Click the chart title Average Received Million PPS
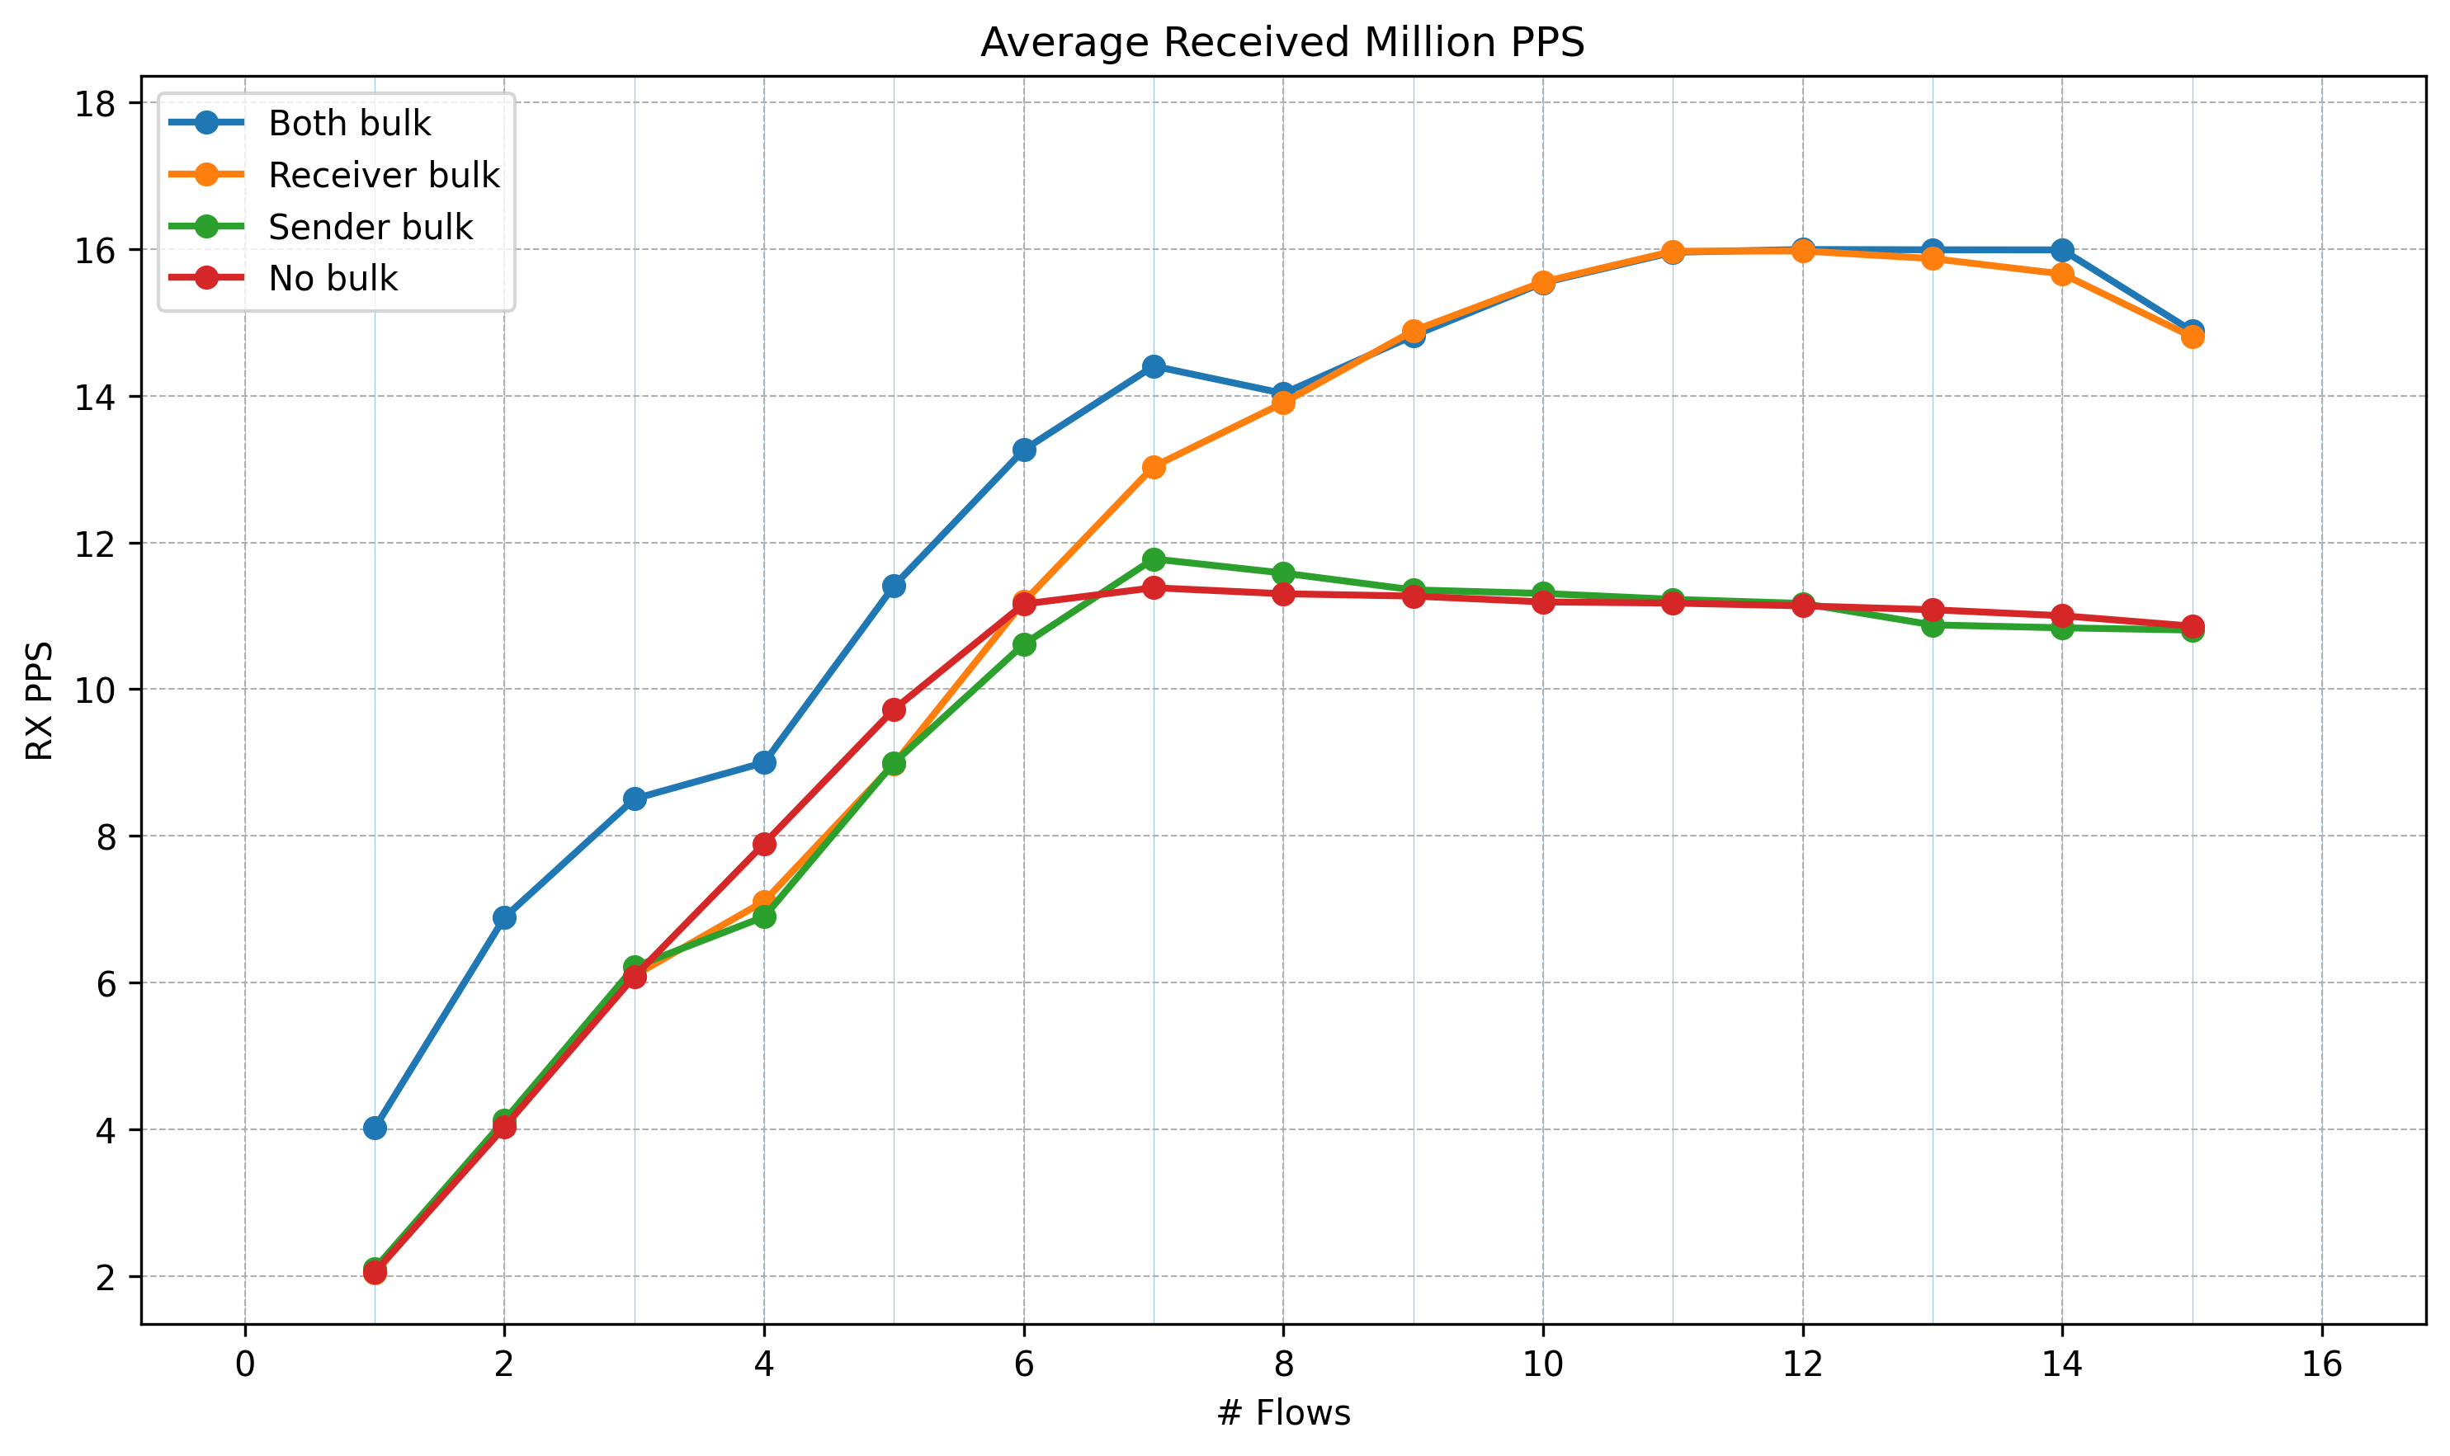coord(1282,43)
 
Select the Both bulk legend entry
coord(349,124)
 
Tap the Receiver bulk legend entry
coord(384,176)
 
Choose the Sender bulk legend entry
coord(370,228)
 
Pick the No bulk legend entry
coord(333,280)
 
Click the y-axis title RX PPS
coord(40,700)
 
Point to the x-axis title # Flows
coord(1282,1413)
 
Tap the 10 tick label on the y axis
coord(94,690)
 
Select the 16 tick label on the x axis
coord(2321,1364)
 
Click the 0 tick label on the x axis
coord(245,1364)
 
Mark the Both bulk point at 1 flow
coord(375,1129)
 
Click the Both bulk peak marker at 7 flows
coord(1154,366)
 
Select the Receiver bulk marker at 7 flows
coord(1154,467)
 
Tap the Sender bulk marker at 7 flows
coord(1154,559)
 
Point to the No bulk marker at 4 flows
coord(764,844)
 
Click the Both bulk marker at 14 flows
coord(2061,250)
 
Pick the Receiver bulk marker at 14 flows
coord(2061,274)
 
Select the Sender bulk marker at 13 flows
coord(1932,625)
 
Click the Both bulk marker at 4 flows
coord(764,762)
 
